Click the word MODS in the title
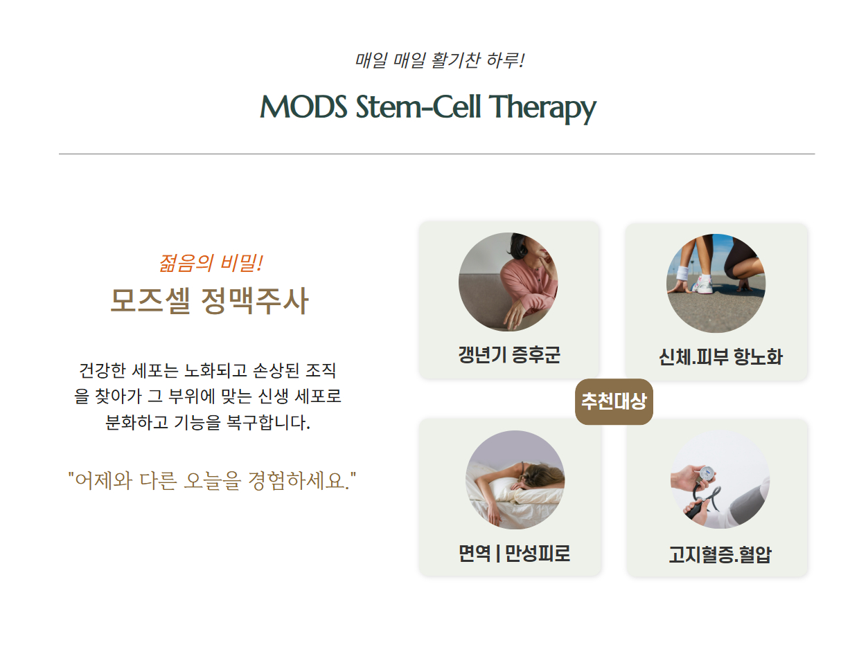[303, 107]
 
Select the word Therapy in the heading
[543, 108]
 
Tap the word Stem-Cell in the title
[418, 107]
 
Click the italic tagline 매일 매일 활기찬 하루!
[439, 61]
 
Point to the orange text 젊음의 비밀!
[211, 263]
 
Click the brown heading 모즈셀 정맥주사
[209, 300]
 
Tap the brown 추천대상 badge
[614, 401]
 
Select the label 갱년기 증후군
[509, 354]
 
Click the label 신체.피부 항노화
[720, 356]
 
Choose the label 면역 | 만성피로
[514, 554]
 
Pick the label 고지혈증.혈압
[720, 555]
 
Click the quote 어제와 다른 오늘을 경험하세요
[212, 480]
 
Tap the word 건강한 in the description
[103, 371]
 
